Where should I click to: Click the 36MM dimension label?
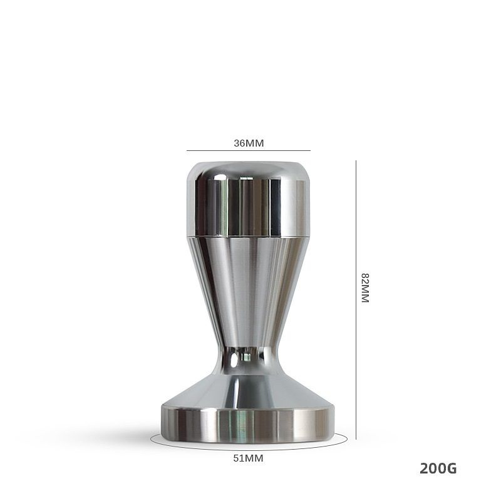(x=249, y=143)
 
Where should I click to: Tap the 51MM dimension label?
(x=248, y=458)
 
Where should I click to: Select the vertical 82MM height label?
(x=365, y=288)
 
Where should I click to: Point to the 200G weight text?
(x=438, y=468)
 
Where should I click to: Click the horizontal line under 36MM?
(x=249, y=150)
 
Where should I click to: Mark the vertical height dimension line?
(x=356, y=300)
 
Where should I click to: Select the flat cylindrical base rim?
(x=248, y=424)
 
